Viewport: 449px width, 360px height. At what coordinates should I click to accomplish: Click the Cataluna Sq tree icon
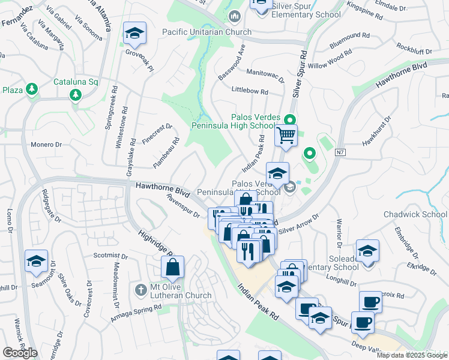point(76,95)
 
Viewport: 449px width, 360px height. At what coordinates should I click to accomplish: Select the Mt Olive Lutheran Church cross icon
point(141,290)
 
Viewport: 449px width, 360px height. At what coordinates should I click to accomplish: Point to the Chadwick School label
point(415,214)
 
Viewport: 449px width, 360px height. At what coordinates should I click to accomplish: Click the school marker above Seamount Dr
point(36,262)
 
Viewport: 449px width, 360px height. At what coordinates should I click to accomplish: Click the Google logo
point(20,352)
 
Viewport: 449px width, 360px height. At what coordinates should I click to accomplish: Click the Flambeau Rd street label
point(166,154)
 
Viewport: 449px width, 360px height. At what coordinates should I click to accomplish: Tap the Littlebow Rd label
point(250,91)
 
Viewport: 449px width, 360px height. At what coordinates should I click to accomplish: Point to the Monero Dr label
point(47,145)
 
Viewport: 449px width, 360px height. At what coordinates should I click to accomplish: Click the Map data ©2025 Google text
point(411,355)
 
